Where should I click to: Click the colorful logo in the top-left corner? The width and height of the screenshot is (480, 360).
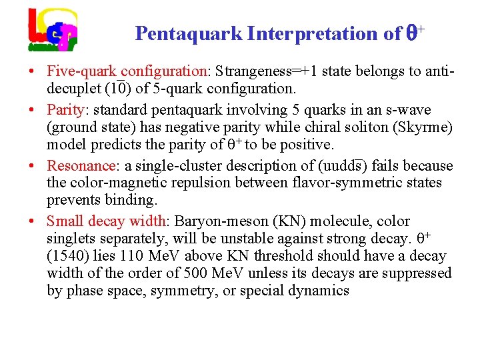(x=53, y=30)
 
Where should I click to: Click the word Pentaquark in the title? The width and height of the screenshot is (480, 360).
(x=188, y=33)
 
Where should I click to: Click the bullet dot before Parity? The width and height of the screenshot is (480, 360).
(x=32, y=110)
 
